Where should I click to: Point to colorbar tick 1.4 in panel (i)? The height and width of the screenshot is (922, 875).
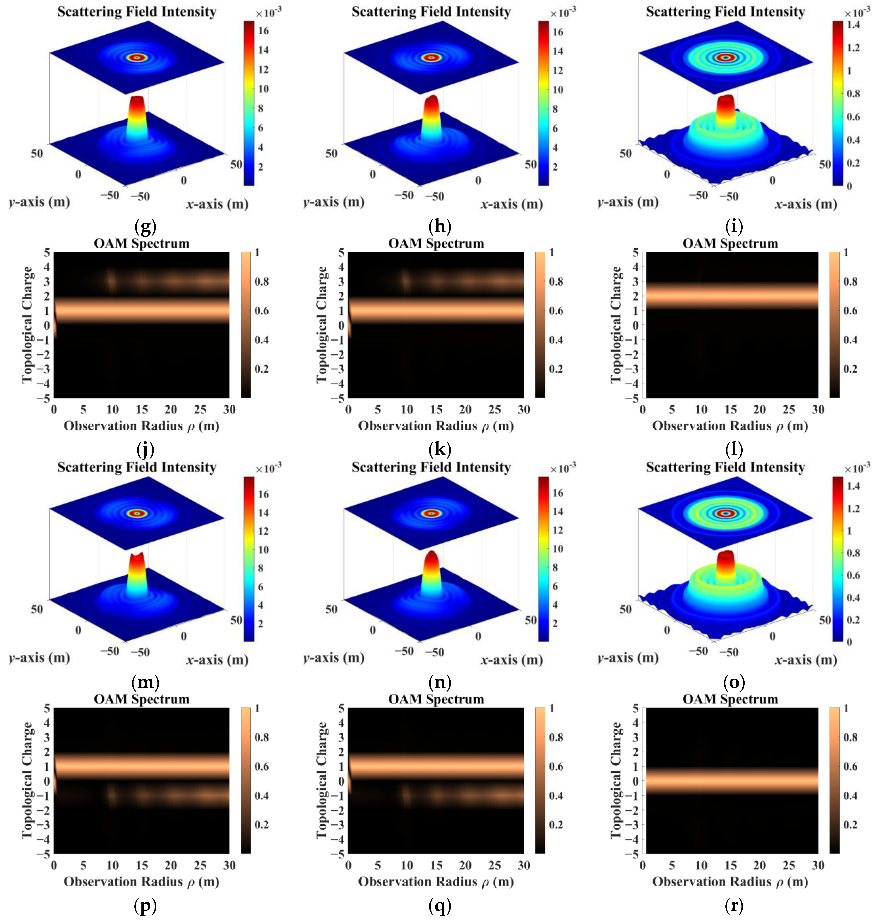tap(853, 25)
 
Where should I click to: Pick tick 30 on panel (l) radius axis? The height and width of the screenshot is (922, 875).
tap(818, 409)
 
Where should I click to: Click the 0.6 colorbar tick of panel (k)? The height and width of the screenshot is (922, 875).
tap(556, 311)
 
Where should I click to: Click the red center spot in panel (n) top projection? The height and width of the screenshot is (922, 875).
tap(432, 514)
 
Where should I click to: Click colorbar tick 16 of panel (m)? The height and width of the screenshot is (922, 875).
tap(263, 494)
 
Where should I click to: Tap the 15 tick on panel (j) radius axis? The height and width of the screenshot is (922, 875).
tap(142, 409)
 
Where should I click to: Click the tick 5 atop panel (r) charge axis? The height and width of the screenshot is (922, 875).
tap(635, 709)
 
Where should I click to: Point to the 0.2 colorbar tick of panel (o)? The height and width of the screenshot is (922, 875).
tap(853, 619)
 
